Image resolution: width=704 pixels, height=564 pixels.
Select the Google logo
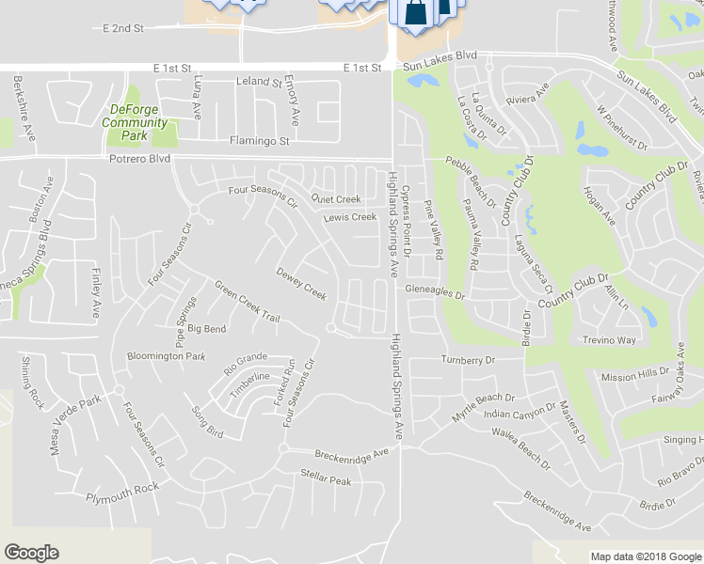tap(31, 553)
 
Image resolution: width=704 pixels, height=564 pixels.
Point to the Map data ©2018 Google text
tap(646, 556)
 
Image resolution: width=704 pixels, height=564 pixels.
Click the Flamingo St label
tap(259, 141)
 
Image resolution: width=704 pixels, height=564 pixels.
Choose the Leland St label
tap(259, 83)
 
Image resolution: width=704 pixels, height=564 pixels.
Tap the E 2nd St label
tap(122, 29)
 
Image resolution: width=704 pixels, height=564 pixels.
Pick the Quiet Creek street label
tap(336, 199)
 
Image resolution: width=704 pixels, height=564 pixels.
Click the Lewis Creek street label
tap(349, 217)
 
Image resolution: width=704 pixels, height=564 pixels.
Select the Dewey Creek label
tap(301, 285)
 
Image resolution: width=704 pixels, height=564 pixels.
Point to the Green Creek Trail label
tap(247, 302)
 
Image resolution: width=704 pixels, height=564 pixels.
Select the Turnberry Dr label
tap(468, 360)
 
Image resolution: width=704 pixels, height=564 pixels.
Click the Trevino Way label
tap(609, 340)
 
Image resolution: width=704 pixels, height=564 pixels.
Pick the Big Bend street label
tap(207, 329)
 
